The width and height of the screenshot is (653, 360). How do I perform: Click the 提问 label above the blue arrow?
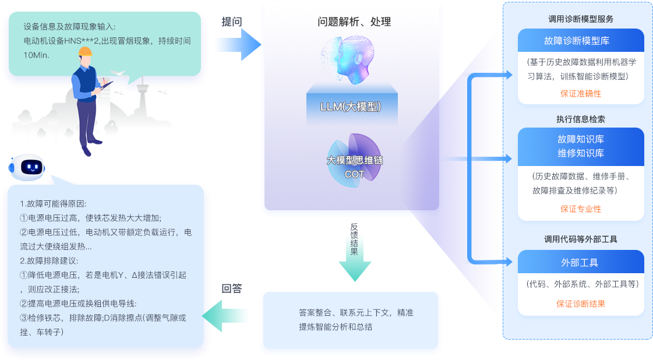[231, 22]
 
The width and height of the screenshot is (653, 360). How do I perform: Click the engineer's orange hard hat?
[86, 53]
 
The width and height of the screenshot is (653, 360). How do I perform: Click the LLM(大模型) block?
[351, 107]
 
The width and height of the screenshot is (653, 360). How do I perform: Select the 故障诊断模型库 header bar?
[580, 41]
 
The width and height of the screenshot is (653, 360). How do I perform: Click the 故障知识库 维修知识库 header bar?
[580, 146]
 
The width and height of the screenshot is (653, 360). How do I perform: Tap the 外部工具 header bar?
[580, 263]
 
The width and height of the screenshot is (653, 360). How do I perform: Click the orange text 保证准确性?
[580, 94]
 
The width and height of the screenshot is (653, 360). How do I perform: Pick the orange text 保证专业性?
[580, 209]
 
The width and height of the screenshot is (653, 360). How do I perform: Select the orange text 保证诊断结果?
[580, 303]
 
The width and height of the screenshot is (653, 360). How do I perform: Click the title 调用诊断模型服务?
[580, 19]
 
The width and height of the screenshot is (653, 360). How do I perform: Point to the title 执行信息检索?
[580, 119]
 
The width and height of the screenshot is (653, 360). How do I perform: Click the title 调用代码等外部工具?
[580, 239]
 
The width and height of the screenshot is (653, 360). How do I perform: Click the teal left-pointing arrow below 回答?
[225, 315]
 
